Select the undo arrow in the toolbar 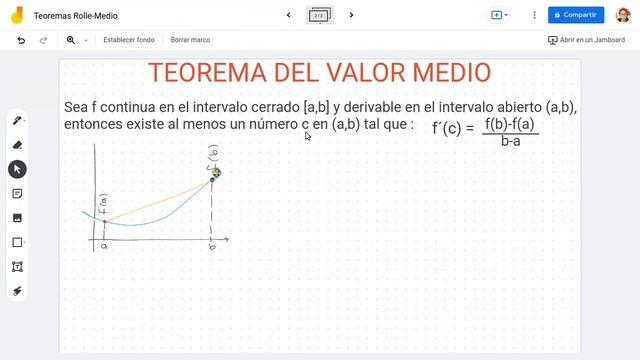(21, 40)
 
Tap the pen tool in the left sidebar (17, 121)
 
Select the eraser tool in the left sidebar (17, 145)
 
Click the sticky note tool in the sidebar (17, 193)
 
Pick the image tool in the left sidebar (17, 218)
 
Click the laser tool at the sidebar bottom (17, 291)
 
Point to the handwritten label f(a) (104, 206)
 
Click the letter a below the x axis (104, 246)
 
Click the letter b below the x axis (212, 246)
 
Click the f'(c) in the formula (447, 129)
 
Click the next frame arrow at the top (351, 15)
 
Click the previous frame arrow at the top (289, 15)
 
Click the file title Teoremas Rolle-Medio (75, 16)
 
